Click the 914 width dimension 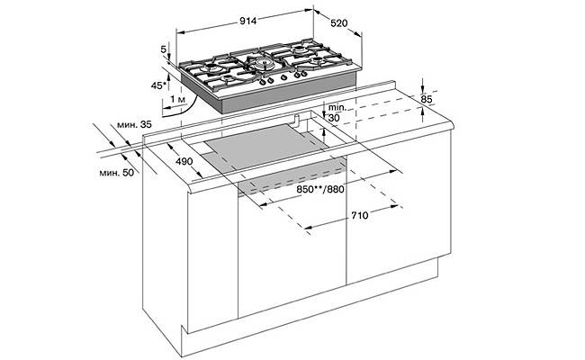pos(248,21)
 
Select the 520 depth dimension pos(339,23)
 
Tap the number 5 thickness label pos(163,49)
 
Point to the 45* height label pos(158,85)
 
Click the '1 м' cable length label pos(177,99)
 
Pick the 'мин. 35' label pos(134,125)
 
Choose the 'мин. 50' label pos(116,173)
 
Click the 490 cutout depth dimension pos(184,161)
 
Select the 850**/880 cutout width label pos(320,189)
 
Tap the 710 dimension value pos(360,215)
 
